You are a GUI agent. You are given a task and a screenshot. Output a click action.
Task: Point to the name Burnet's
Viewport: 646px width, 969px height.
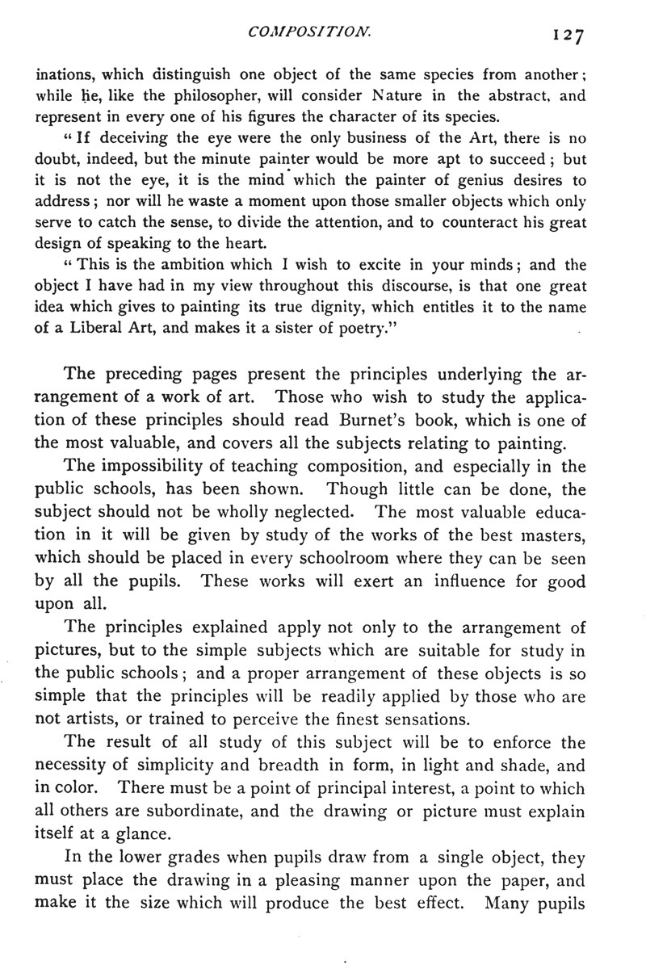[x=401, y=420]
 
